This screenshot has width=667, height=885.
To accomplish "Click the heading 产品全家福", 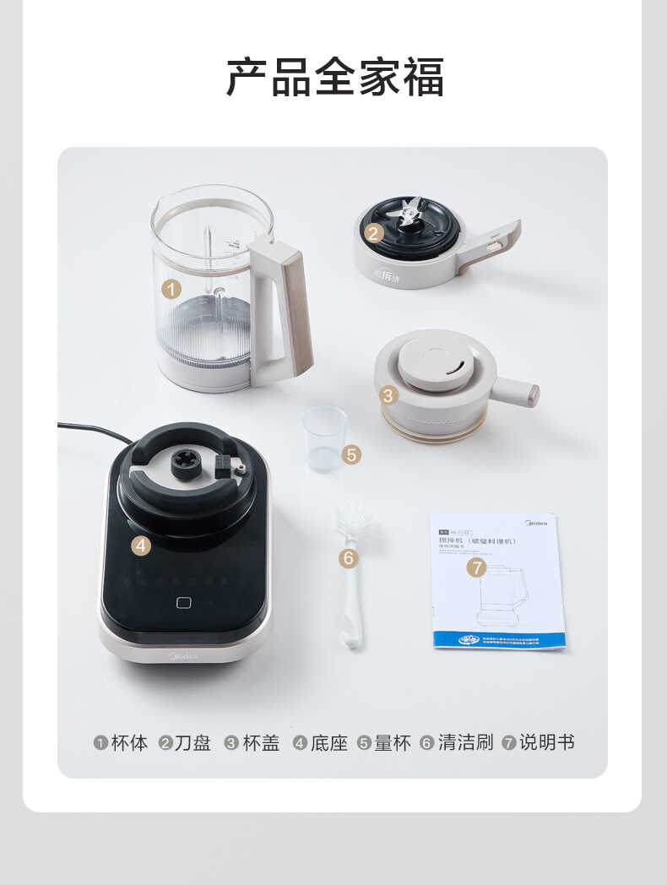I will (334, 77).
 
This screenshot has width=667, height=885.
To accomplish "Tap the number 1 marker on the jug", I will (171, 289).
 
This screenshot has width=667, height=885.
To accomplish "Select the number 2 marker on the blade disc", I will (374, 233).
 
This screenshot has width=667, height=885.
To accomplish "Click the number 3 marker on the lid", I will (389, 394).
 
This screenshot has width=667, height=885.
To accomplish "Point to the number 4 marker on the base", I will (141, 546).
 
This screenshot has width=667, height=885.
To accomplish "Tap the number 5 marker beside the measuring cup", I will (352, 454).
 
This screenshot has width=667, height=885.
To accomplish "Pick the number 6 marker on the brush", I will (349, 558).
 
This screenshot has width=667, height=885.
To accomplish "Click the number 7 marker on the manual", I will (477, 567).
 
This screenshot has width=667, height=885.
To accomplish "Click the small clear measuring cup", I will (323, 437).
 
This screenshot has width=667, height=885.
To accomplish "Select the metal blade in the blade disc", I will (410, 213).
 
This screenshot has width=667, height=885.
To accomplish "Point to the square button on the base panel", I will (183, 602).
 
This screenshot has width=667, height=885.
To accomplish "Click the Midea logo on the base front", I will (183, 655).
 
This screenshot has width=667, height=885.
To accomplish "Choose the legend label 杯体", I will (129, 743).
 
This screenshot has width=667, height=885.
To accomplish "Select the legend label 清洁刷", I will (465, 743).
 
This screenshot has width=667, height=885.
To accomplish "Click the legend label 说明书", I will (547, 743).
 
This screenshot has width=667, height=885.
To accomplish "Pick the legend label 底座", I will (329, 743).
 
